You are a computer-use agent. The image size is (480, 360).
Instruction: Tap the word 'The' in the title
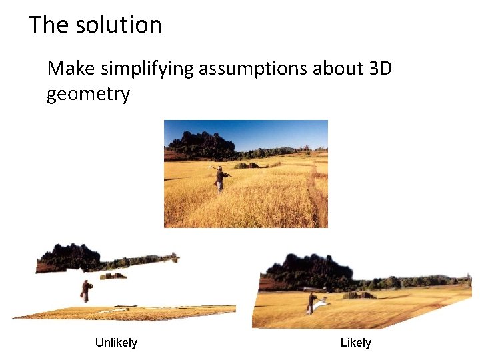point(49,25)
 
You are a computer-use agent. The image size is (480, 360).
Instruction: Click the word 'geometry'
point(88,95)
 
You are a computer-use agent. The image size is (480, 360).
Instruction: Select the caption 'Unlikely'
point(116,343)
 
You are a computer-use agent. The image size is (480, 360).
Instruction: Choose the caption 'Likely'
point(355,343)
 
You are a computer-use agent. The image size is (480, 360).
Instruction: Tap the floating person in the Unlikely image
point(85,290)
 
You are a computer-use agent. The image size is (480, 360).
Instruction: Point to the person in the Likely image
point(311,303)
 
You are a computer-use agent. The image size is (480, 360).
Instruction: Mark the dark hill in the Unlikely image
point(70,257)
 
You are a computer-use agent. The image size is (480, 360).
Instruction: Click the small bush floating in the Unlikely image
point(113,275)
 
